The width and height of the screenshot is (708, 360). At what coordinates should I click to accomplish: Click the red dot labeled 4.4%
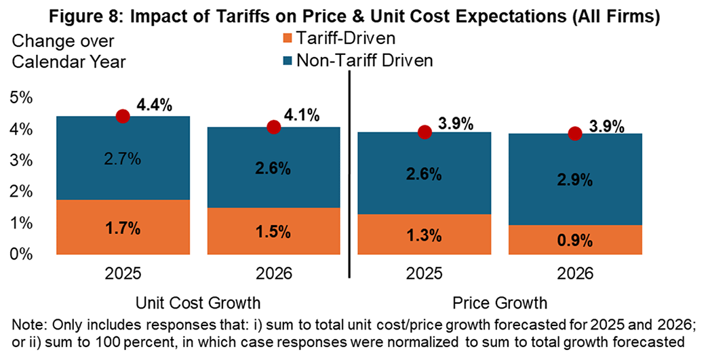[x=123, y=116]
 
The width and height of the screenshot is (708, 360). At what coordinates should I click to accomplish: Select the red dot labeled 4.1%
[x=274, y=127]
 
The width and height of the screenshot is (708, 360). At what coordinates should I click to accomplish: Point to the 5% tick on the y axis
[x=22, y=97]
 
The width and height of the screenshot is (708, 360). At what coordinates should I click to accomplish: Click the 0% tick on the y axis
[x=22, y=254]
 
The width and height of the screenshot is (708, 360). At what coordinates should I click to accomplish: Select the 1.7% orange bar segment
[x=123, y=227]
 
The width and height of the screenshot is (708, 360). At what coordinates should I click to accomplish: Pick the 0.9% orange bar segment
[x=576, y=240]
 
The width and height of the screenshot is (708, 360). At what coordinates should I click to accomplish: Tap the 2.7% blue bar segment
[x=123, y=158]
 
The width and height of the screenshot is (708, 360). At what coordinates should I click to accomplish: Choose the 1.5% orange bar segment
[x=274, y=231]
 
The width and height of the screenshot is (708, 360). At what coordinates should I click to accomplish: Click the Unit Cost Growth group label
[x=198, y=300]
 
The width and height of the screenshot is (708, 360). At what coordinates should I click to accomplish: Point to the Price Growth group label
[x=500, y=300]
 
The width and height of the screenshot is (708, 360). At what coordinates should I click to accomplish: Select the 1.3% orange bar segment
[x=425, y=235]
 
